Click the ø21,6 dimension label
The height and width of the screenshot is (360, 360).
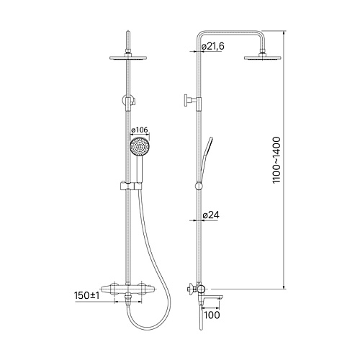pyautogui.click(x=212, y=46)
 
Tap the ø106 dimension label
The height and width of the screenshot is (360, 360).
pyautogui.click(x=140, y=130)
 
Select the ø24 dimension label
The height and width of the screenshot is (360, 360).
pyautogui.click(x=211, y=215)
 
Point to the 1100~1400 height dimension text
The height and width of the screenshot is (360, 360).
pyautogui.click(x=276, y=160)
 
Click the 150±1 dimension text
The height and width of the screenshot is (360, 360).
pyautogui.click(x=87, y=295)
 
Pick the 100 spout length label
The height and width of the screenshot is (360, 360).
pyautogui.click(x=212, y=315)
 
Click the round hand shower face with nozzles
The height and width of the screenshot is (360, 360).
pyautogui.click(x=139, y=146)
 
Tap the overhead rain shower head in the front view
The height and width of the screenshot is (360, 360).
pyautogui.click(x=128, y=58)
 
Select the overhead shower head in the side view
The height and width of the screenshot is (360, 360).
pyautogui.click(x=263, y=58)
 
